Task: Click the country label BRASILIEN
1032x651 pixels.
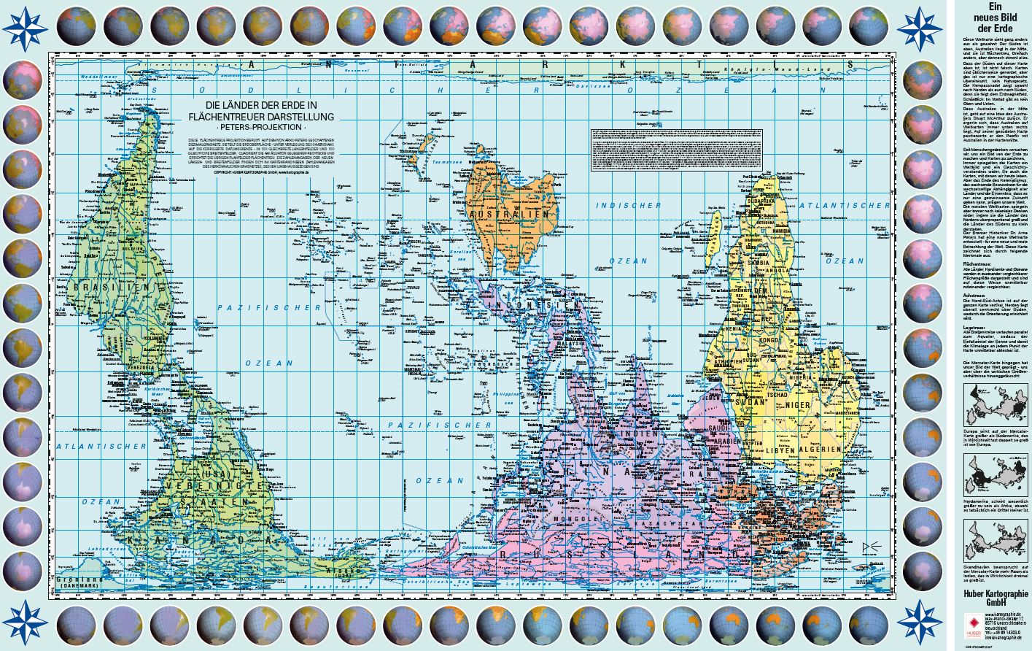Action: click(x=103, y=288)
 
